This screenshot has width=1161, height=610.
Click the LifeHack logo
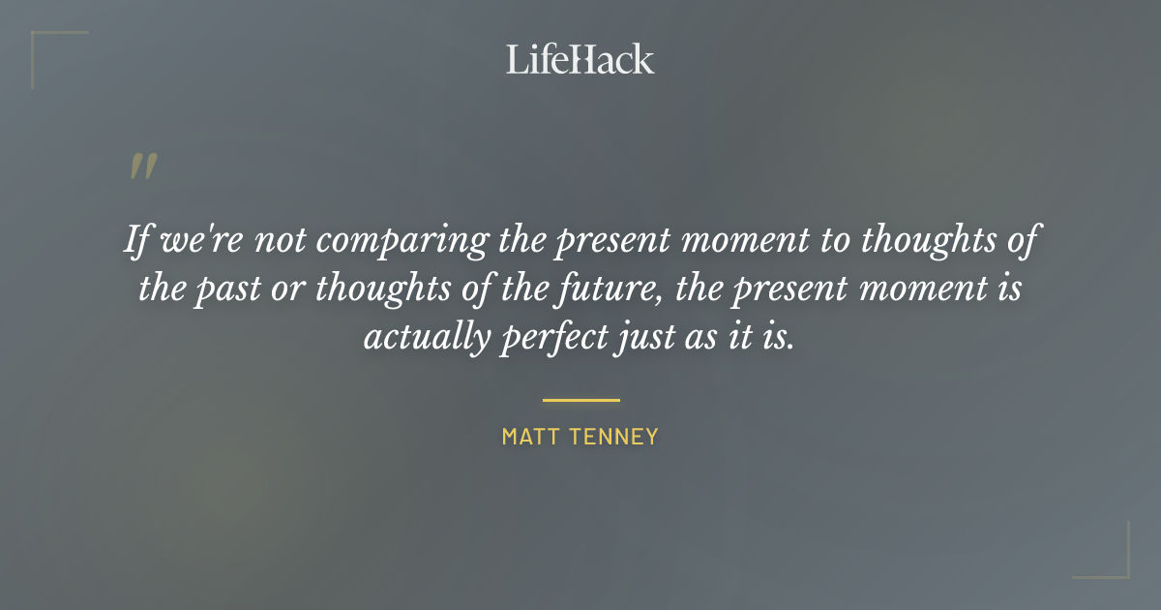[x=580, y=59]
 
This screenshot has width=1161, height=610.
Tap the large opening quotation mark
[x=142, y=167]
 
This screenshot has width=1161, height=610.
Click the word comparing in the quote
[x=402, y=239]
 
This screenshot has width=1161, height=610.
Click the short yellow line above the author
[x=580, y=399]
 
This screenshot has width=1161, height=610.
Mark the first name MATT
[x=526, y=437]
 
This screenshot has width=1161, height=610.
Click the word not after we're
[x=280, y=239]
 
